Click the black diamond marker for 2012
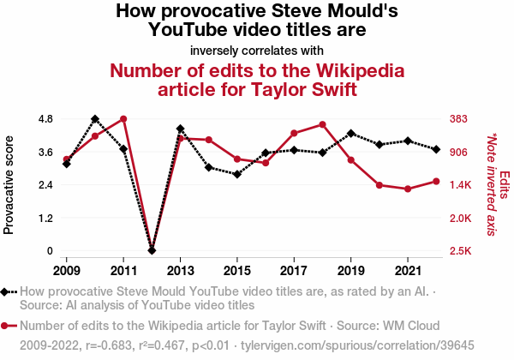click(152, 250)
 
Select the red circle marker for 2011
click(123, 119)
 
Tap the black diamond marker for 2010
click(95, 119)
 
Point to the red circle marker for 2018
click(322, 124)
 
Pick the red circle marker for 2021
click(408, 189)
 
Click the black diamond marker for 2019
click(351, 134)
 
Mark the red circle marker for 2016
click(266, 163)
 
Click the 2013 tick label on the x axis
click(181, 271)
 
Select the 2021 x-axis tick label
click(408, 271)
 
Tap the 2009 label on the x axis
click(67, 271)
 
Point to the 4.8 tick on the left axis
click(45, 118)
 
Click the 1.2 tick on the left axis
click(45, 218)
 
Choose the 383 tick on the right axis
click(460, 118)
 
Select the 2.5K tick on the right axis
click(461, 250)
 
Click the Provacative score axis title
click(9, 184)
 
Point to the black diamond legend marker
click(9, 292)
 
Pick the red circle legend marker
click(9, 326)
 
